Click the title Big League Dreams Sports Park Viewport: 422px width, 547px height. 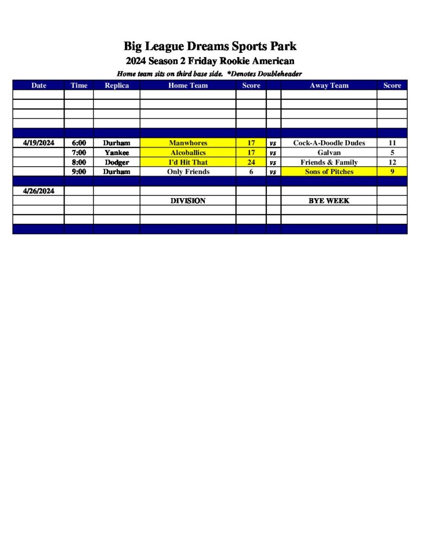pyautogui.click(x=210, y=46)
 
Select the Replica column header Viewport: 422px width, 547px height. pyautogui.click(x=116, y=85)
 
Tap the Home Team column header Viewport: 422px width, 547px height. pyautogui.click(x=188, y=85)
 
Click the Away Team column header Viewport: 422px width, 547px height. pyautogui.click(x=329, y=85)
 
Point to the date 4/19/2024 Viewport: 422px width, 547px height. pyautogui.click(x=39, y=143)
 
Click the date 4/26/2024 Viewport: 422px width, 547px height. pyautogui.click(x=39, y=191)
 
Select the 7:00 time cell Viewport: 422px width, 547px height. pyautogui.click(x=79, y=153)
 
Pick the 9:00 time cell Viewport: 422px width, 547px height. pyautogui.click(x=79, y=172)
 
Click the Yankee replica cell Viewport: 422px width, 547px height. pyautogui.click(x=116, y=153)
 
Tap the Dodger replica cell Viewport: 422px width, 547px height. pyautogui.click(x=116, y=162)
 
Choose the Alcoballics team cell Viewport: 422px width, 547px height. pyautogui.click(x=188, y=153)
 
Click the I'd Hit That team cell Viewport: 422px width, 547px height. pyautogui.click(x=188, y=162)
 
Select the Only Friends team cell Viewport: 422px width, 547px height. pyautogui.click(x=188, y=172)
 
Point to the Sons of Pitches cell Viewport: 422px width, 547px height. pyautogui.click(x=329, y=172)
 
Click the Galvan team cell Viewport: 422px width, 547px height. pyautogui.click(x=329, y=153)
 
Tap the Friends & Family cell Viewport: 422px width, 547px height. pyautogui.click(x=329, y=162)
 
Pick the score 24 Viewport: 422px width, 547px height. pyautogui.click(x=251, y=162)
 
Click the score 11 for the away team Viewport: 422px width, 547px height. pyautogui.click(x=392, y=143)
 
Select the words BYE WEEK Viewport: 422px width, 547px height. pyautogui.click(x=329, y=201)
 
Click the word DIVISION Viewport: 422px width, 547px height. pyautogui.click(x=188, y=201)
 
